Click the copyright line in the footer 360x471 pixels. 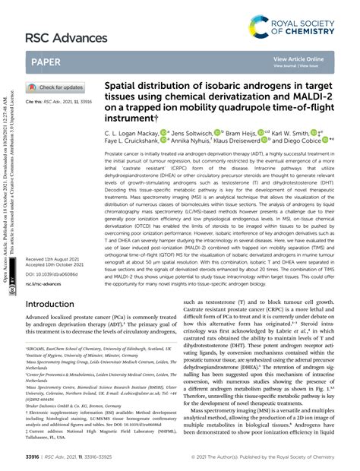click(x=274, y=458)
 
